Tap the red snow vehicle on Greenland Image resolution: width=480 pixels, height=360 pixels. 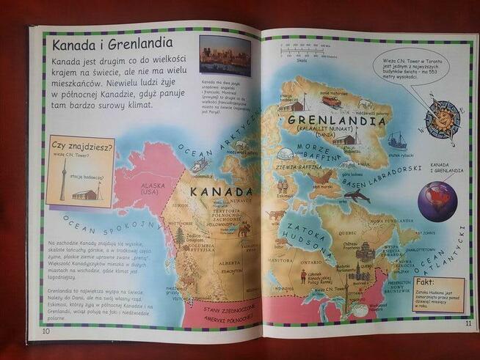coord(331,103)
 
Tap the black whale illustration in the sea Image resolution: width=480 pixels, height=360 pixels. coord(357,196)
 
